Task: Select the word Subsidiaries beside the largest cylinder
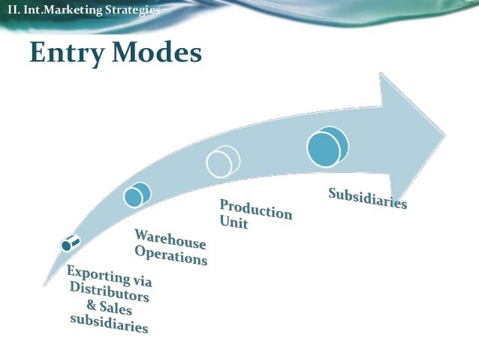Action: pyautogui.click(x=368, y=198)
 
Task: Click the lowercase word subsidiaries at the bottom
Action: pyautogui.click(x=109, y=323)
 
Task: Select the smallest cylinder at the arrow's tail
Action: pyautogui.click(x=71, y=242)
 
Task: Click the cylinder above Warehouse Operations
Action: pyautogui.click(x=137, y=195)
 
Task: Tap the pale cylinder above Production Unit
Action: pyautogui.click(x=223, y=161)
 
